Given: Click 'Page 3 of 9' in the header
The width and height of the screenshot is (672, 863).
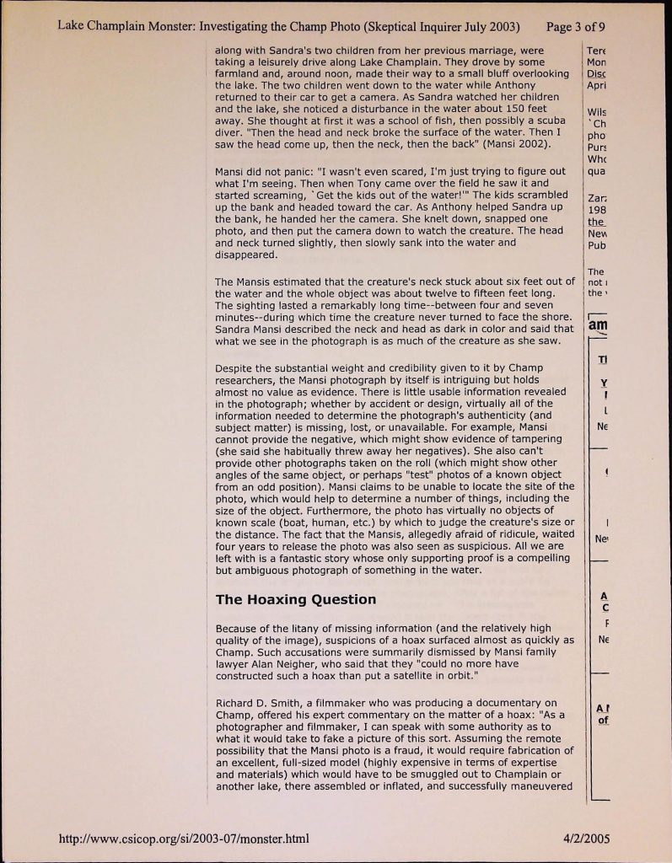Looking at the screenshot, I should [576, 24].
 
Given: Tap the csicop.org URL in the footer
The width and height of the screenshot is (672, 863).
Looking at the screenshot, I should [183, 839].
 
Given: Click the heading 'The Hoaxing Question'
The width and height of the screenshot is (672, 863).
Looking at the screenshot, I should [295, 600].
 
